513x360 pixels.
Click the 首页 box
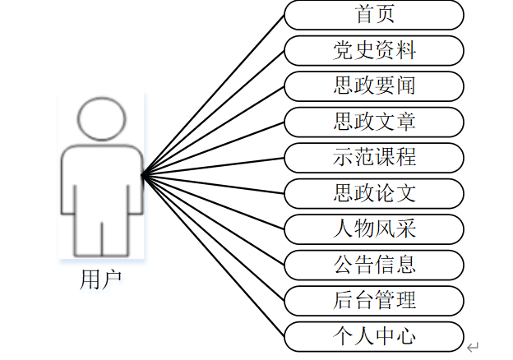coord(374,14)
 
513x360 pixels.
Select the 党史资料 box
coord(374,50)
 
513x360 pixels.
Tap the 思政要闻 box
coord(374,85)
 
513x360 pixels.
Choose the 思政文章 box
coord(374,122)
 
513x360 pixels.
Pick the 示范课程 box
coord(374,157)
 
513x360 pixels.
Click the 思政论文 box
coord(374,193)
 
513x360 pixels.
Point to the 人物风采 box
coord(374,228)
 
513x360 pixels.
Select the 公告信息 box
coord(374,265)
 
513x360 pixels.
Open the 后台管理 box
coord(374,300)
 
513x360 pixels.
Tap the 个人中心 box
coord(374,336)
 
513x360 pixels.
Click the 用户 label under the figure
coord(101,279)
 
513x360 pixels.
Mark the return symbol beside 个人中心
coord(472,347)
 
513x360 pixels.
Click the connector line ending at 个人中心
coord(214,256)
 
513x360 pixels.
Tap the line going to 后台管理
coord(214,238)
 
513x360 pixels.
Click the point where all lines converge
coord(143,174)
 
